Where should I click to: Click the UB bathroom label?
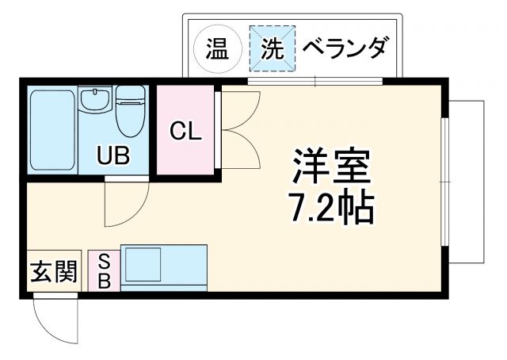[112, 155]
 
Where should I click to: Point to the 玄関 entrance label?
[54, 273]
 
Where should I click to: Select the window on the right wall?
[445, 182]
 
